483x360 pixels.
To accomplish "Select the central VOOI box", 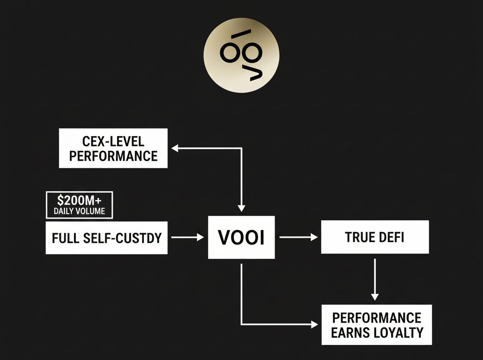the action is click(241, 237).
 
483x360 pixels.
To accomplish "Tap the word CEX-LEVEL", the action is click(113, 141).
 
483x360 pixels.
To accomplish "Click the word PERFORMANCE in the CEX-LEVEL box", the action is click(113, 155).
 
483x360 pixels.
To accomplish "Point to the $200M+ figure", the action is click(79, 199).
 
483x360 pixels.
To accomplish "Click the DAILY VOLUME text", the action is click(79, 211).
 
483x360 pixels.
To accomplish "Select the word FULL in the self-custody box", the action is click(66, 237).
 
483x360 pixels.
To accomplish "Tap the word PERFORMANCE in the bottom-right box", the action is click(375, 317).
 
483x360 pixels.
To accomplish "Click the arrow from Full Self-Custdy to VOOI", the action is click(187, 237).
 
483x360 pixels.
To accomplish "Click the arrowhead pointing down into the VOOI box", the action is click(241, 208).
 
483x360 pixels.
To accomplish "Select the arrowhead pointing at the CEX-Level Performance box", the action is click(174, 148).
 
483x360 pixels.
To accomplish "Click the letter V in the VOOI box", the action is click(225, 237).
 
